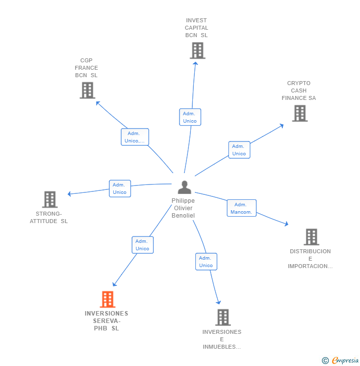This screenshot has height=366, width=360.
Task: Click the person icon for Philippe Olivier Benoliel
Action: pyautogui.click(x=184, y=187)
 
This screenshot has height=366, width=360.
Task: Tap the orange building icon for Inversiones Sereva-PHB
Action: pyautogui.click(x=108, y=299)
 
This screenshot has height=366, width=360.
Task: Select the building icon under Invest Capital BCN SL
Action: pyautogui.click(x=198, y=50)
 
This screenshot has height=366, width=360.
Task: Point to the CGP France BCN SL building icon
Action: pyautogui.click(x=88, y=91)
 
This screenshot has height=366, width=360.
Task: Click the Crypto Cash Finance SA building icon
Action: pyautogui.click(x=300, y=113)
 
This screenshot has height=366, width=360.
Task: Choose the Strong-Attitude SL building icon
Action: pyautogui.click(x=50, y=200)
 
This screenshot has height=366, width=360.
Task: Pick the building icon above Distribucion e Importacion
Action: pyautogui.click(x=312, y=237)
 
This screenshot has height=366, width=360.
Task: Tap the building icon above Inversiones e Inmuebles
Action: pyautogui.click(x=223, y=318)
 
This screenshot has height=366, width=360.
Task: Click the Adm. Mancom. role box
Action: pyautogui.click(x=242, y=208)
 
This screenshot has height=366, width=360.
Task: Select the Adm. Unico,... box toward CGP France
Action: pyautogui.click(x=135, y=137)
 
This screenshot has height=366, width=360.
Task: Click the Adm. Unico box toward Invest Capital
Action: pyautogui.click(x=190, y=117)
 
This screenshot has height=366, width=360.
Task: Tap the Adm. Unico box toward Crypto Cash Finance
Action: pyautogui.click(x=239, y=150)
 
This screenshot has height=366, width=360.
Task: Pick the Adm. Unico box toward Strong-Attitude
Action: pyautogui.click(x=120, y=188)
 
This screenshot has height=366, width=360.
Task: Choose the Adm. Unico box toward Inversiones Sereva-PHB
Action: pyautogui.click(x=142, y=245)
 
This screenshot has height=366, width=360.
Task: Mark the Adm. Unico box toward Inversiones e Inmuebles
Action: pyautogui.click(x=206, y=262)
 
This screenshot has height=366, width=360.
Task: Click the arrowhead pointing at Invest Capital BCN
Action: pyautogui.click(x=195, y=63)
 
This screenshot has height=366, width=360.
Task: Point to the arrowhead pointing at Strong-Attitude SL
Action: pyautogui.click(x=69, y=194)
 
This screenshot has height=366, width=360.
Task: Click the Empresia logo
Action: pyautogui.click(x=341, y=360)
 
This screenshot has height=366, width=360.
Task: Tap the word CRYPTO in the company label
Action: pyautogui.click(x=299, y=83)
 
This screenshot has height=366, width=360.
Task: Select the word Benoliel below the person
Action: pyautogui.click(x=183, y=216)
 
